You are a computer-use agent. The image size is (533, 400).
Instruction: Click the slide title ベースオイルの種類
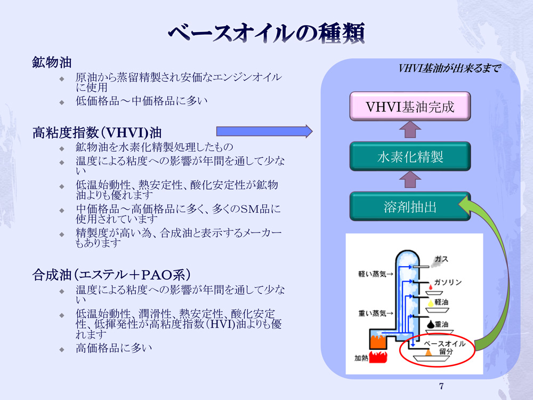[x=266, y=33]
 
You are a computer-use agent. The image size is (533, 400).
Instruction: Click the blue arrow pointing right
[x=263, y=131]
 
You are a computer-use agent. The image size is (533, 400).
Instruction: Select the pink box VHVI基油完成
[x=410, y=106]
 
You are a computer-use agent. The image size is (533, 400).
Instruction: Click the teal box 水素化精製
[x=410, y=156]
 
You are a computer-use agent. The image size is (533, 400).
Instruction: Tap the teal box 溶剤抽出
[x=410, y=206]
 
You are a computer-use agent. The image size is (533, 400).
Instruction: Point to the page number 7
[x=441, y=386]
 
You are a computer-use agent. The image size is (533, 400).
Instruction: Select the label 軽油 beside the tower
[x=441, y=302]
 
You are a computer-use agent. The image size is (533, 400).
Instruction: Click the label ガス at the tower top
[x=441, y=260]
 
